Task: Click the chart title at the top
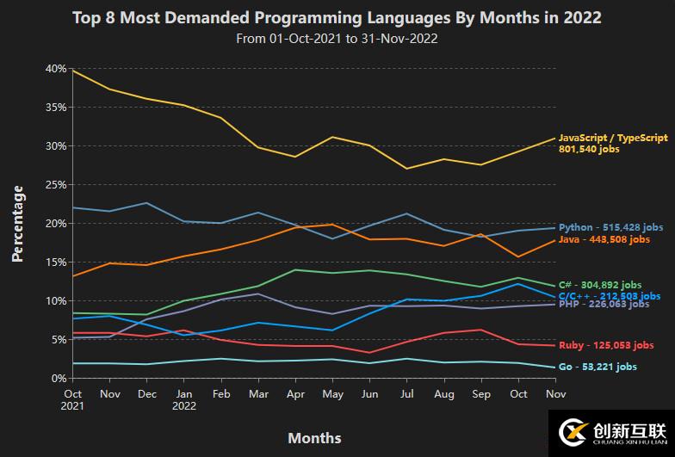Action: (337, 17)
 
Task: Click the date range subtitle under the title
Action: (337, 38)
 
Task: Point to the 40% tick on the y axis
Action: (56, 69)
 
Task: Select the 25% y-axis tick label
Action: (56, 185)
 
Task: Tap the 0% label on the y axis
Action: (59, 378)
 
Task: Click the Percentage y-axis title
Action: (17, 222)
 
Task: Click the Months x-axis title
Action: (314, 437)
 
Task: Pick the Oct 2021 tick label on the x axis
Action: (74, 399)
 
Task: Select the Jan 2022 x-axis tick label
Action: (183, 399)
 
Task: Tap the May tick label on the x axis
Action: (332, 393)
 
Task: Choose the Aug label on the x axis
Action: (443, 393)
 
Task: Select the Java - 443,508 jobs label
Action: (604, 240)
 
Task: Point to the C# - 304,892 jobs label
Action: (599, 285)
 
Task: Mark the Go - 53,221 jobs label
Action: (598, 367)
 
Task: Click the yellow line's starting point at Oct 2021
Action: (74, 71)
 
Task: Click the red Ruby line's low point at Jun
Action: (369, 352)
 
